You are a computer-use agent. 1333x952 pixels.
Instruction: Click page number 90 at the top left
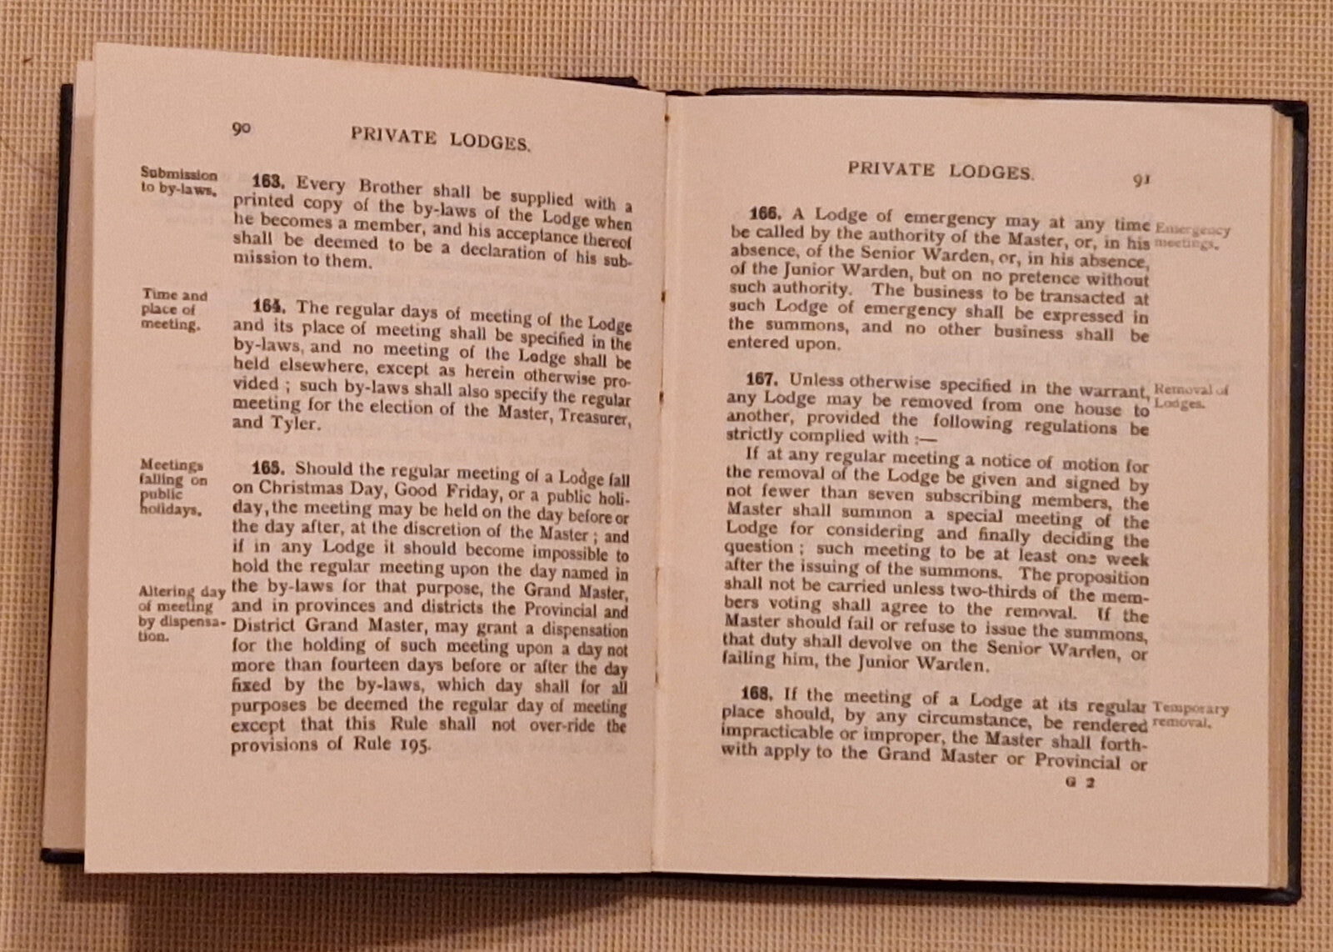[241, 128]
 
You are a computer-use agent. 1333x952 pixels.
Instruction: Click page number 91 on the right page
[1141, 178]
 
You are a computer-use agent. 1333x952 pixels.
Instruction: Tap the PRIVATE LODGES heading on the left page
[439, 138]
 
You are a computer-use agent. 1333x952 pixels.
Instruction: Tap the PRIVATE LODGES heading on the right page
[940, 170]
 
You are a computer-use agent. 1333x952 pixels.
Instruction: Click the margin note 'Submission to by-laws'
[178, 181]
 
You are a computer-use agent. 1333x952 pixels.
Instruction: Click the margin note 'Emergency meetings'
[1191, 237]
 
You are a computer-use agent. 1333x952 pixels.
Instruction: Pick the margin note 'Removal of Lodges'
[1190, 396]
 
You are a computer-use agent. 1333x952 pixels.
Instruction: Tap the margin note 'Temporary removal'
[1190, 715]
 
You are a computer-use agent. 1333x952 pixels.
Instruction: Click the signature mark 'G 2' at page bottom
[1079, 783]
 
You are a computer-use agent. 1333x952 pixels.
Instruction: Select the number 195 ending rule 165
[413, 745]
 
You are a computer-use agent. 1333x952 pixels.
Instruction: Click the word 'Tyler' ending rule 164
[293, 423]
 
